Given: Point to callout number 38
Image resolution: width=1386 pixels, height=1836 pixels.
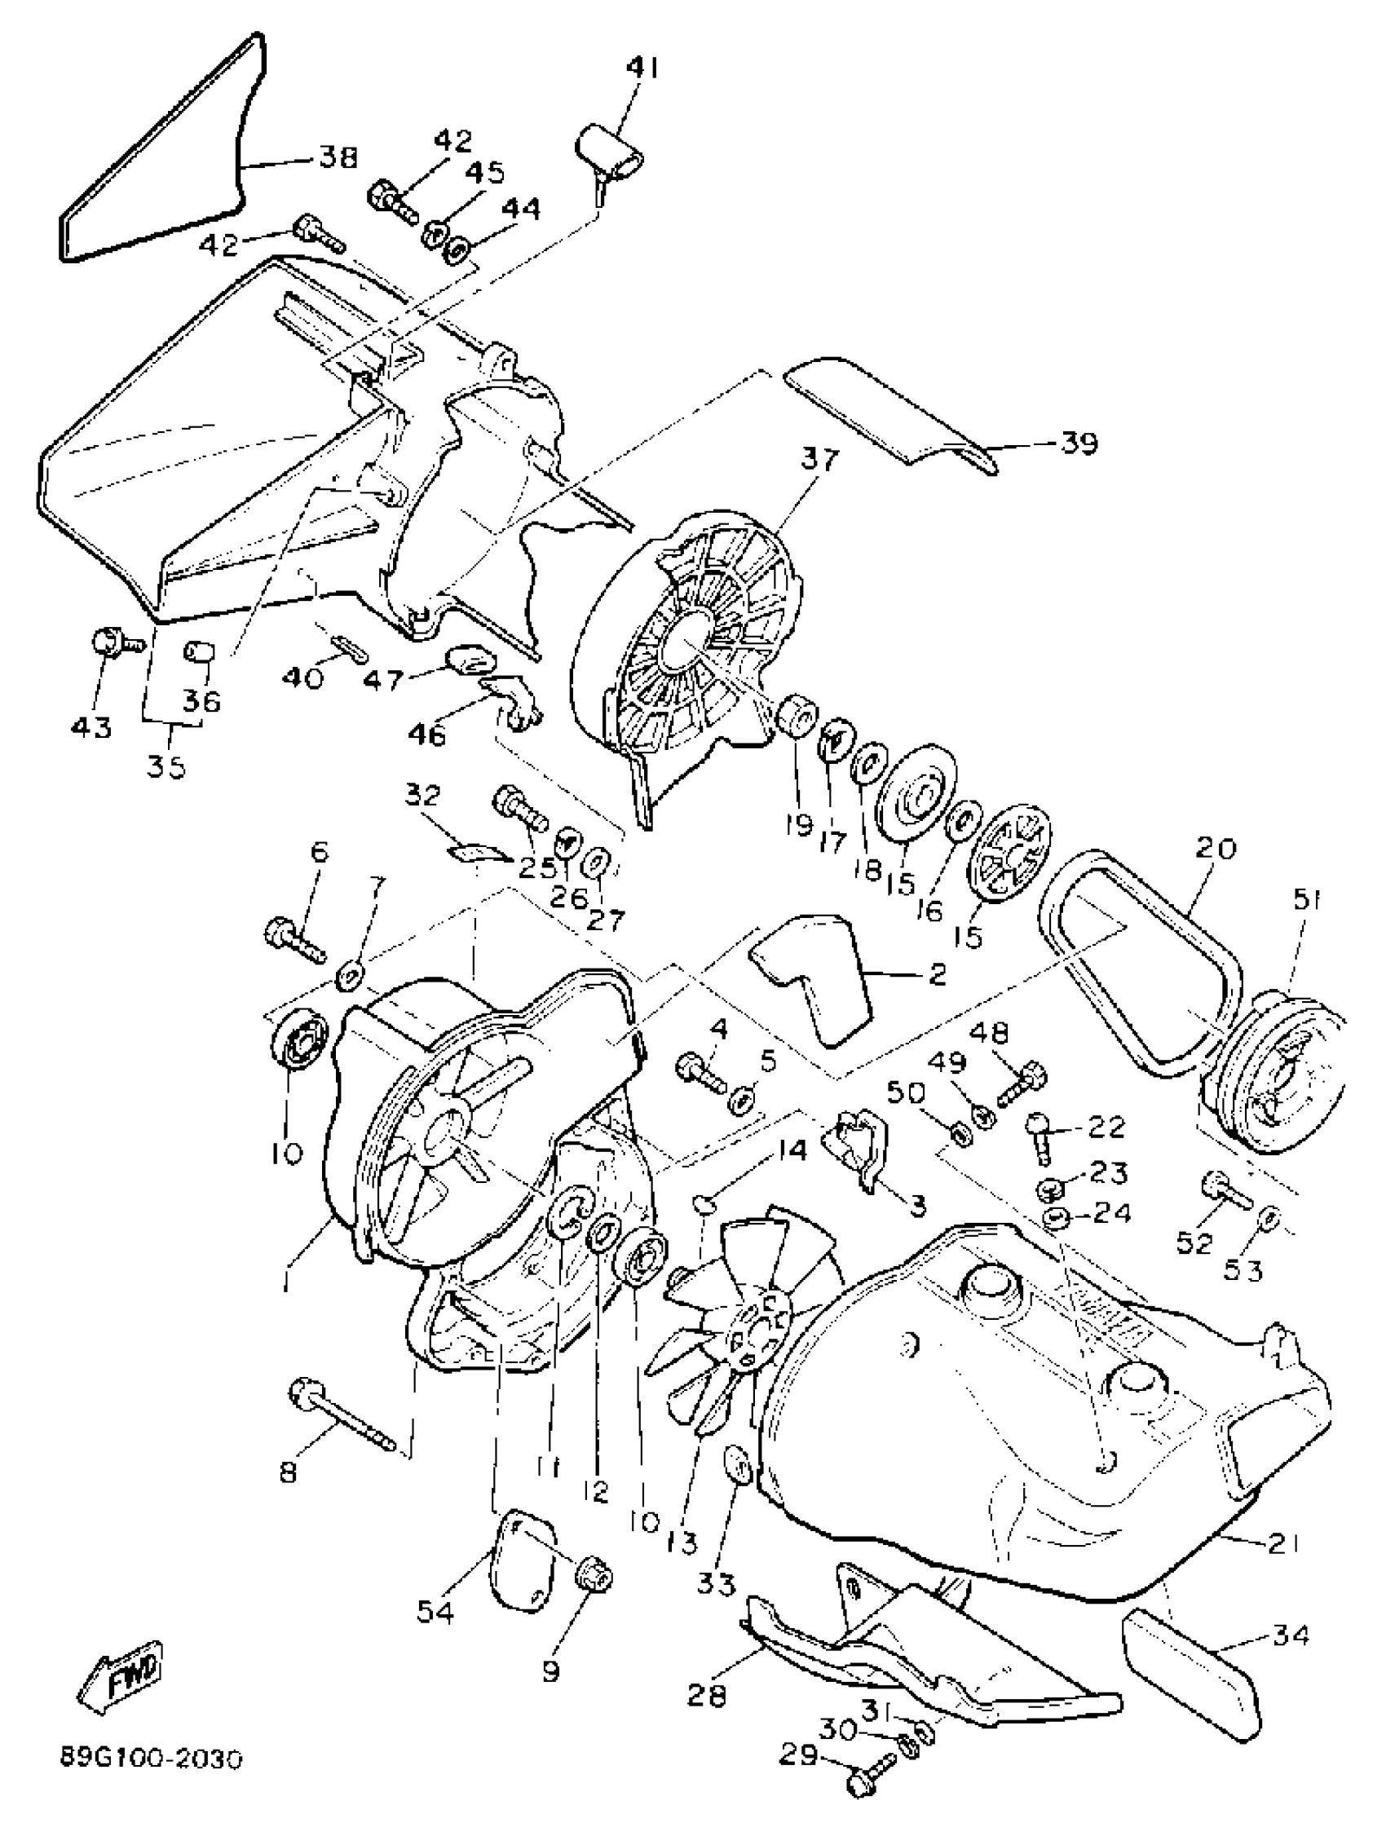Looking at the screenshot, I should click(338, 157).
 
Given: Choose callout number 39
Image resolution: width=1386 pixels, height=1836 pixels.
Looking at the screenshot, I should click(1079, 443).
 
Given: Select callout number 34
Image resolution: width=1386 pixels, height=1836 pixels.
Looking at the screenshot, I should click(1290, 1635).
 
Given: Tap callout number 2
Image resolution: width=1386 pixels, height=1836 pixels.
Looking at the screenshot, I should click(937, 974).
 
